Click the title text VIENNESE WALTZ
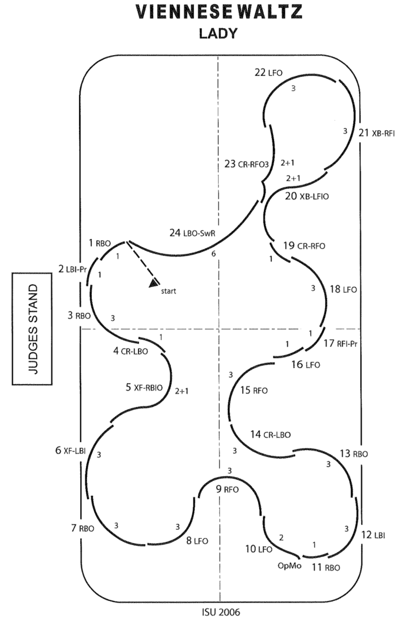click(x=219, y=12)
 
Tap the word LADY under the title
click(x=218, y=34)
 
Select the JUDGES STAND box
click(x=32, y=329)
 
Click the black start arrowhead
click(x=154, y=283)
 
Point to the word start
click(x=169, y=291)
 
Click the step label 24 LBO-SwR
click(x=192, y=233)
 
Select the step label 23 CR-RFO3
click(x=246, y=164)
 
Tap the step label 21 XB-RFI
click(x=376, y=133)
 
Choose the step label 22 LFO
click(x=268, y=73)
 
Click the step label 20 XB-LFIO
click(x=306, y=196)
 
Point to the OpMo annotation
click(x=289, y=565)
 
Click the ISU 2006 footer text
click(x=221, y=612)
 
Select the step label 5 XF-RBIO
click(x=144, y=387)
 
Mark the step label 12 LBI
click(x=373, y=535)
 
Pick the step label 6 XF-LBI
click(x=70, y=450)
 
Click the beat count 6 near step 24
click(x=214, y=254)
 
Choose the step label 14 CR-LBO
click(x=270, y=434)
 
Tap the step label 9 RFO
click(x=227, y=489)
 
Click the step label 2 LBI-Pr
click(x=72, y=269)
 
